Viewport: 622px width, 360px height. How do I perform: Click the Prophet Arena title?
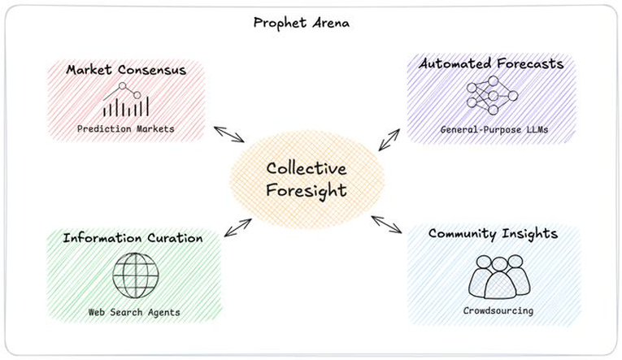pyautogui.click(x=302, y=23)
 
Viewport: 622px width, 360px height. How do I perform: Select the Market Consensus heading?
pyautogui.click(x=126, y=70)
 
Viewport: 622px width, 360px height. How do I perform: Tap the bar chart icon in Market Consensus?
pyautogui.click(x=126, y=99)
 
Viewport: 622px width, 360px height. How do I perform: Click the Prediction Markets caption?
pyautogui.click(x=126, y=129)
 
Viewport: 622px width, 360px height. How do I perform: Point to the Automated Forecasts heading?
pyautogui.click(x=491, y=63)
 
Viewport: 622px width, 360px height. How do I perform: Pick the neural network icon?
pyautogui.click(x=492, y=96)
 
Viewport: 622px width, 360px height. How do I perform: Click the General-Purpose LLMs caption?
pyautogui.click(x=494, y=130)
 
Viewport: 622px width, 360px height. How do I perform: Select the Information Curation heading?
pyautogui.click(x=133, y=238)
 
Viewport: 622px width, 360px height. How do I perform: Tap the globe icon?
pyautogui.click(x=136, y=275)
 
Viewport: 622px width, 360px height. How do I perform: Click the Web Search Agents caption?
pyautogui.click(x=134, y=312)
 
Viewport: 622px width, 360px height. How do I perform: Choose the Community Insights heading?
pyautogui.click(x=493, y=234)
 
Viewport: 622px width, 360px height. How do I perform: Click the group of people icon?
pyautogui.click(x=499, y=277)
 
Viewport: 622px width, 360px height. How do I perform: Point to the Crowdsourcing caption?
pyautogui.click(x=498, y=310)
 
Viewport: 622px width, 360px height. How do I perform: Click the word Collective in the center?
pyautogui.click(x=307, y=168)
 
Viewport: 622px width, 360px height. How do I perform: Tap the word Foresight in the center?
pyautogui.click(x=307, y=191)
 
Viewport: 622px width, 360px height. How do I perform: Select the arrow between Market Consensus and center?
pyautogui.click(x=229, y=134)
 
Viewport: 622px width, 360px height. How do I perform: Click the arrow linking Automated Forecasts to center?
pyautogui.click(x=389, y=140)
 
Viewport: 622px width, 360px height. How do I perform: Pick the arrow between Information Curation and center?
pyautogui.click(x=238, y=228)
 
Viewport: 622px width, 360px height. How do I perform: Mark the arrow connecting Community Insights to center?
pyautogui.click(x=387, y=224)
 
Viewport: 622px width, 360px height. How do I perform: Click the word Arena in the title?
pyautogui.click(x=331, y=23)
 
